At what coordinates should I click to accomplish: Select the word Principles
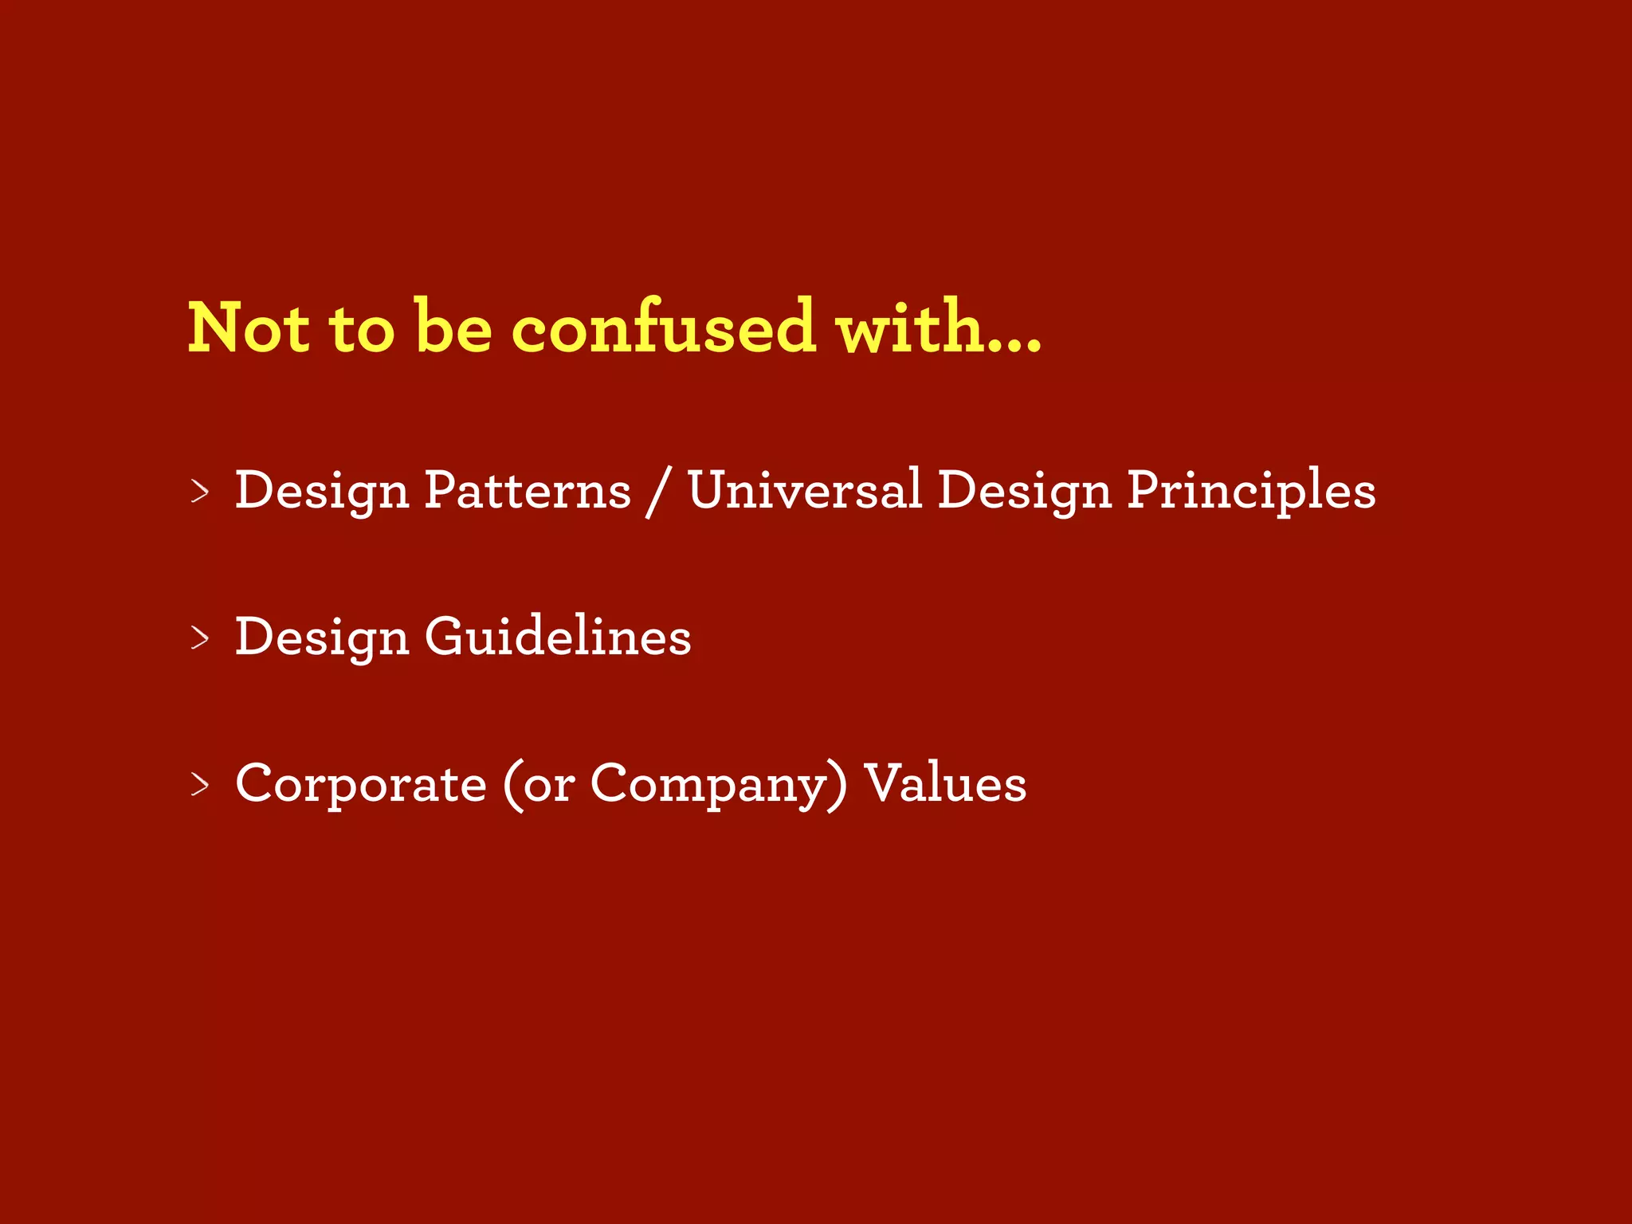coord(1250,491)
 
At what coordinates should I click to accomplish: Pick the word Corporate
coord(360,784)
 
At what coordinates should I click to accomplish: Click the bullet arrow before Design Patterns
coord(200,491)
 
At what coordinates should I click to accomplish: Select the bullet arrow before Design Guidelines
coord(200,637)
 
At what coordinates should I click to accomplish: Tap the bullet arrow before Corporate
coord(200,784)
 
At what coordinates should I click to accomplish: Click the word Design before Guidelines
coord(321,637)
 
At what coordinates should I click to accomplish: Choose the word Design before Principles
coord(1023,491)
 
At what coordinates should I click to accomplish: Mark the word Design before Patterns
coord(321,491)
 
